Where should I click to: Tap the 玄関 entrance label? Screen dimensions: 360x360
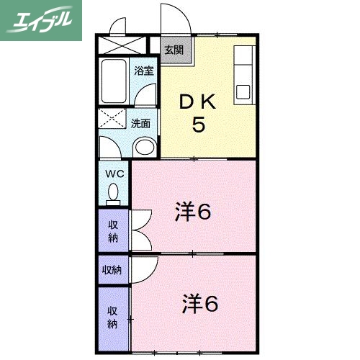point(173,50)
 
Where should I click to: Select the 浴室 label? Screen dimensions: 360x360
point(144,71)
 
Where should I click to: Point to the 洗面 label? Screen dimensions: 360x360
point(140,123)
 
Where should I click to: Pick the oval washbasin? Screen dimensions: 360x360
point(144,148)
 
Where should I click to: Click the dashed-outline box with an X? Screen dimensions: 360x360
point(112,120)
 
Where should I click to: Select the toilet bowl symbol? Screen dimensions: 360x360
point(113,193)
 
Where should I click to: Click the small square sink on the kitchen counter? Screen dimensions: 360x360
point(243,92)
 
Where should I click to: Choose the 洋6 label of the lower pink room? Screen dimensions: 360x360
point(199,305)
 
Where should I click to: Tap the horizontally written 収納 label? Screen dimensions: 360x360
point(112,270)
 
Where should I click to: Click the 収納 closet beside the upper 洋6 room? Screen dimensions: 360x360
point(113,231)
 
